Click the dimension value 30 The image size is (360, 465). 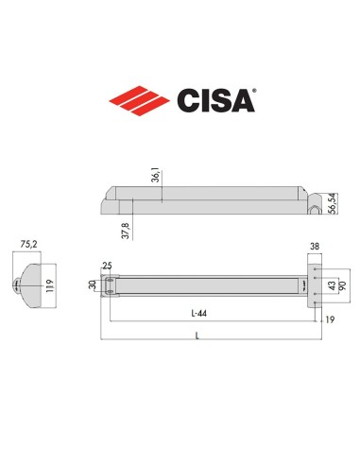point(93,284)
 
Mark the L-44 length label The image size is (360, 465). point(198,313)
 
